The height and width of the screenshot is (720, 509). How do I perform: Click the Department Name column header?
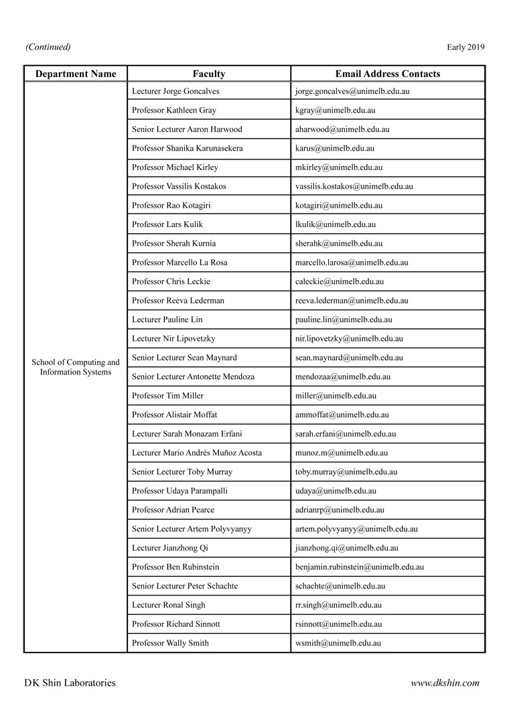(x=76, y=74)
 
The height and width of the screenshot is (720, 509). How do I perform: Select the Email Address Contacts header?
(x=388, y=74)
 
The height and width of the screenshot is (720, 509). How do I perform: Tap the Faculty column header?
(x=209, y=74)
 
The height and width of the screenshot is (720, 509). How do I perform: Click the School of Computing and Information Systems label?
(x=76, y=367)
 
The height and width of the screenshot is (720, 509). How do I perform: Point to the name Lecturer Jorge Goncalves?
(x=175, y=91)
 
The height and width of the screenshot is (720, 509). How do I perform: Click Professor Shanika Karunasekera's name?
(x=188, y=148)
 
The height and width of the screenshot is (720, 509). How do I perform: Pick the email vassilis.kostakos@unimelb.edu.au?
(x=354, y=186)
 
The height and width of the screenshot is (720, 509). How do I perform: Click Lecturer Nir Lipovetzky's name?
(x=173, y=339)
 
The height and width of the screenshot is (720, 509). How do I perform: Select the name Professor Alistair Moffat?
(x=175, y=415)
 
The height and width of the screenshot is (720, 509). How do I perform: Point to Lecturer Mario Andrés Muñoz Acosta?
(x=197, y=453)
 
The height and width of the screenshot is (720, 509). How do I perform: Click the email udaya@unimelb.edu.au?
(x=336, y=491)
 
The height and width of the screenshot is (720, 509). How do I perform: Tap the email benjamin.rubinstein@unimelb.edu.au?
(x=359, y=567)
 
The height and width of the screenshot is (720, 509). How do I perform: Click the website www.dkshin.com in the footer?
(x=445, y=683)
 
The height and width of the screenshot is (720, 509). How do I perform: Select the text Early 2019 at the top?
(x=465, y=47)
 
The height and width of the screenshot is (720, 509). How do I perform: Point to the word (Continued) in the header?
(x=48, y=47)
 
